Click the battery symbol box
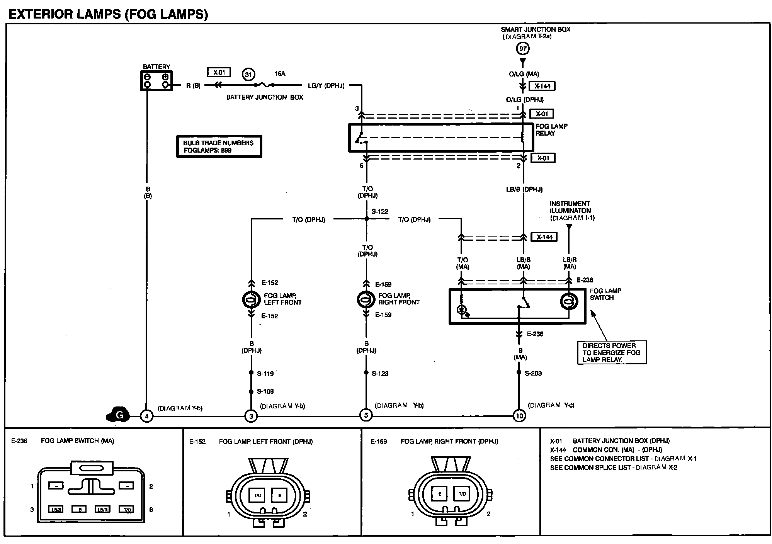pos(156,81)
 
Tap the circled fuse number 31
pos(248,75)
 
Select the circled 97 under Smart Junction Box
pos(523,49)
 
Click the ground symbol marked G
pos(118,415)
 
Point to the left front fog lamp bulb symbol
pos(251,299)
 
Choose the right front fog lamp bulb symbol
pos(366,299)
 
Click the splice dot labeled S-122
pos(367,219)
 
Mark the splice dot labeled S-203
pos(519,372)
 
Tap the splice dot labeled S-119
pos(251,373)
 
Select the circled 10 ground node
pos(519,416)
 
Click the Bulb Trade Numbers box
pos(219,146)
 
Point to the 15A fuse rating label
pos(280,73)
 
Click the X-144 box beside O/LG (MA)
pos(542,86)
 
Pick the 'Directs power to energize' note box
pos(612,352)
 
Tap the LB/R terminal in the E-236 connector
pos(102,510)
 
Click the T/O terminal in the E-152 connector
pos(257,495)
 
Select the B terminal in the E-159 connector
pos(440,494)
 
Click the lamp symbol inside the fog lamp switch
pos(569,301)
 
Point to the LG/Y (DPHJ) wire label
pos(326,85)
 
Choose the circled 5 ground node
pos(366,415)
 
